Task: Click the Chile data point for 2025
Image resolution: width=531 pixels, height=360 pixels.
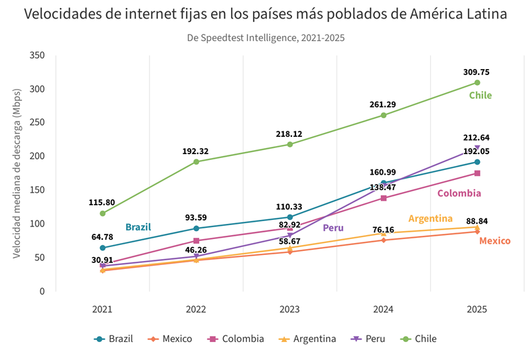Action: pos(477,82)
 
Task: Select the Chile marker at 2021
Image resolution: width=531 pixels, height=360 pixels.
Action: pos(102,213)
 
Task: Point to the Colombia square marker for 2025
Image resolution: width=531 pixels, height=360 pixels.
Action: pos(477,173)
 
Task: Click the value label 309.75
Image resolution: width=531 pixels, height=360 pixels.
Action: pos(477,72)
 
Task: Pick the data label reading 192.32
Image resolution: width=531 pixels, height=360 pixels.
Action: pos(196,151)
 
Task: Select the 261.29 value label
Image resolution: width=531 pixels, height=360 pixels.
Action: pos(383,104)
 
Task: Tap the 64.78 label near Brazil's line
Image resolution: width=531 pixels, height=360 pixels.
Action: pos(102,236)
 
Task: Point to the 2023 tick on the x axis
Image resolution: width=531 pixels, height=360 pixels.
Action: pos(289,310)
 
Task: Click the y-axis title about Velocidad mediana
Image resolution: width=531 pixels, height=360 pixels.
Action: pos(17,173)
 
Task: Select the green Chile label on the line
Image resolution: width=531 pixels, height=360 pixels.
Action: pos(481,96)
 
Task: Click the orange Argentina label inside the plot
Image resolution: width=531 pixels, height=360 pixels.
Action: pos(430,219)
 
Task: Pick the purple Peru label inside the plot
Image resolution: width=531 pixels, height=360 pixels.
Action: pos(333,228)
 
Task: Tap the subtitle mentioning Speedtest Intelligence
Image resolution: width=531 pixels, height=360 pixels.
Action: pos(265,38)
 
